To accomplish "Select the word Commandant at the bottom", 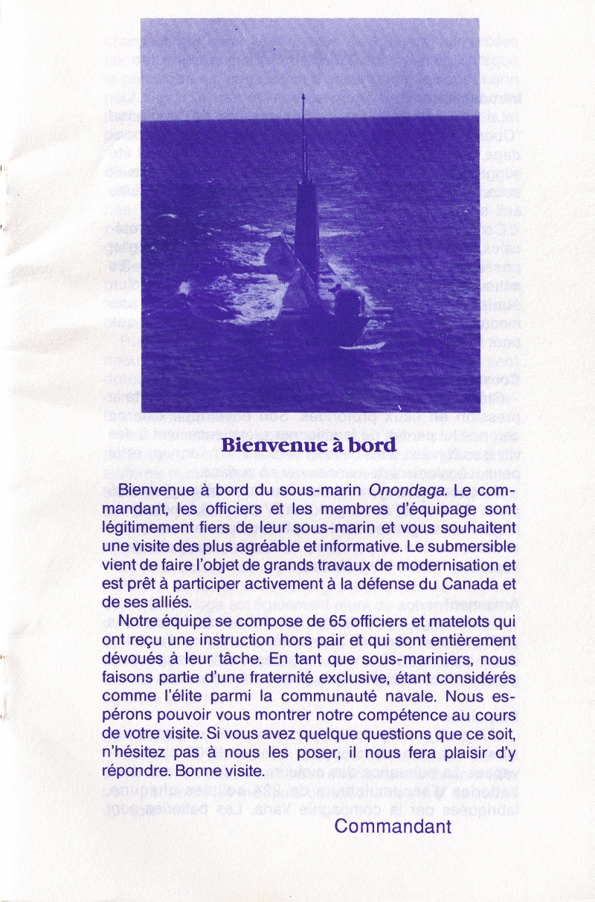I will tap(393, 825).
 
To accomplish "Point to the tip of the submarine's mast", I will tap(303, 97).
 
